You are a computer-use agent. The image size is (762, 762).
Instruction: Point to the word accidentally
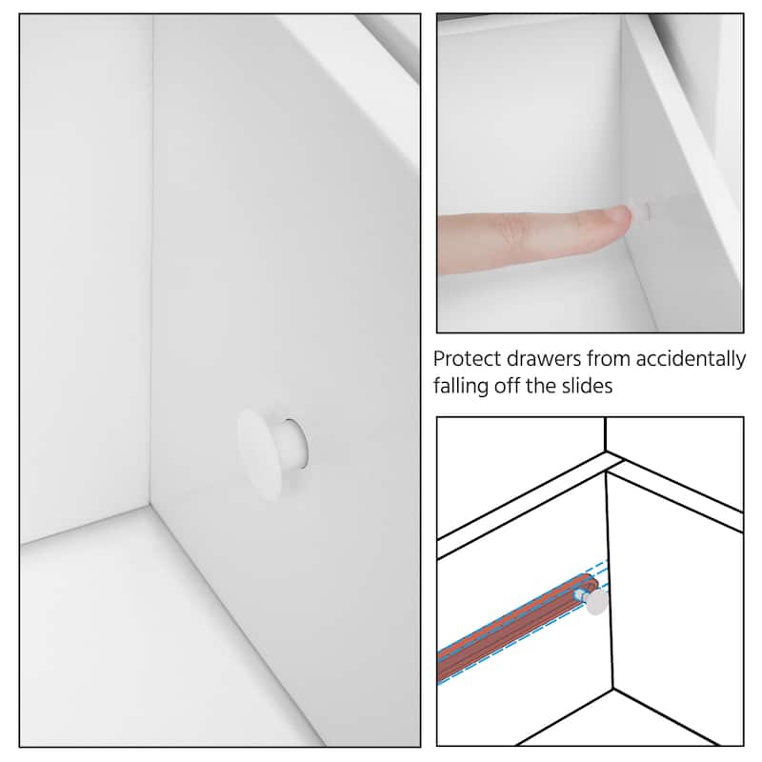691,360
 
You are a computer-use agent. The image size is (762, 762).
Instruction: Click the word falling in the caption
461,386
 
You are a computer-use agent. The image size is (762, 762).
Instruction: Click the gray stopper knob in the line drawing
597,603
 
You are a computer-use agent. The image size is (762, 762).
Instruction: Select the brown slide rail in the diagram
515,627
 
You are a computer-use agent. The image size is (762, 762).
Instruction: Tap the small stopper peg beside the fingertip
642,211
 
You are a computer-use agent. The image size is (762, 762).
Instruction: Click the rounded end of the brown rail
590,583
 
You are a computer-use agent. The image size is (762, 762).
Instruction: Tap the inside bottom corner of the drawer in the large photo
150,506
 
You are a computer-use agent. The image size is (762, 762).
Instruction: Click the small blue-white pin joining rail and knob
580,594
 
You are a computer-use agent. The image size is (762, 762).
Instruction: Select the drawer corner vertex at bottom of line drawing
613,688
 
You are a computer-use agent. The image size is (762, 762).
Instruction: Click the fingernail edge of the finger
628,216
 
